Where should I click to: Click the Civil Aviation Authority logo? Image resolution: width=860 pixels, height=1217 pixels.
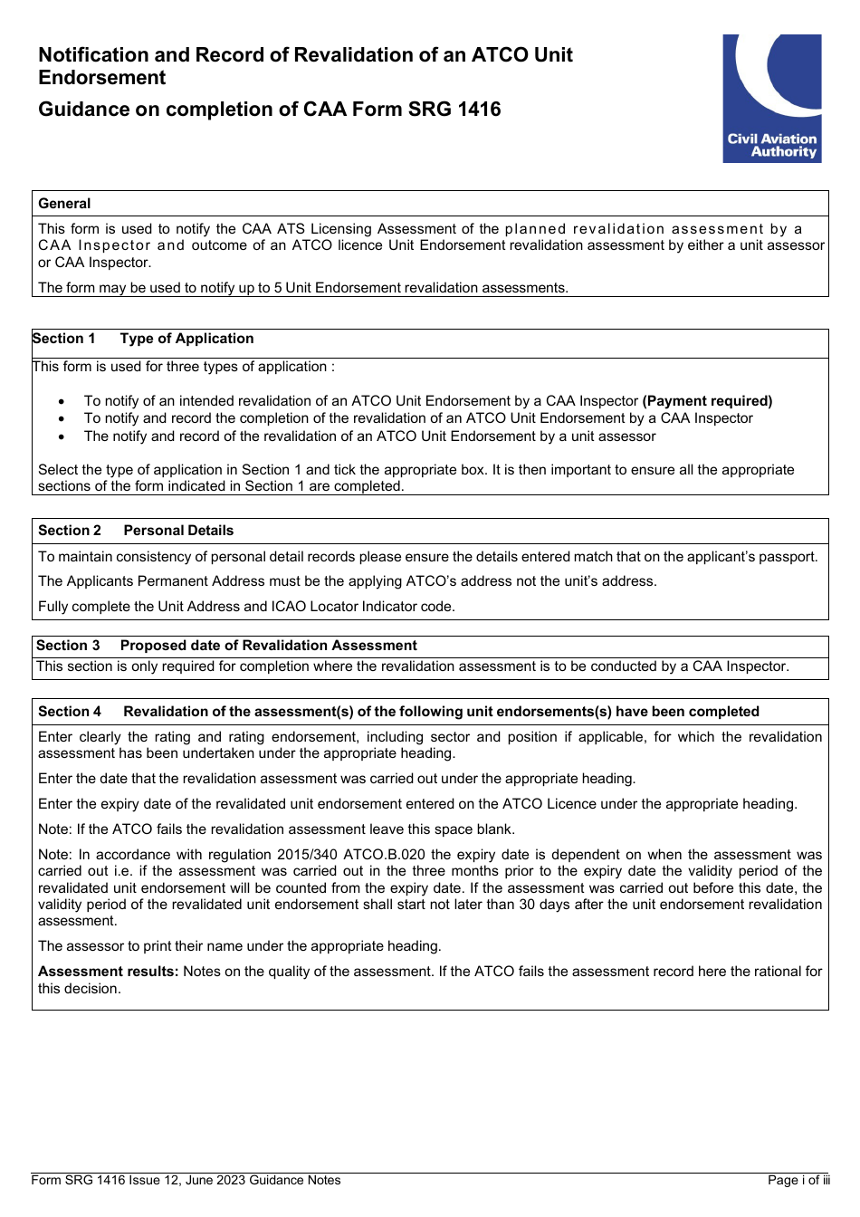coord(771,99)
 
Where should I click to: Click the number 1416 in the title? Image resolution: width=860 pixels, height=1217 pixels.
coord(479,110)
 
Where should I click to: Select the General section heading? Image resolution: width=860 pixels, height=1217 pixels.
coord(64,204)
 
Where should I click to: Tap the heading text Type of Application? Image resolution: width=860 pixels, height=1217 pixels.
coord(186,339)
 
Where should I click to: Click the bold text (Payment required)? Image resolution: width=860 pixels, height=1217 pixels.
coord(707,401)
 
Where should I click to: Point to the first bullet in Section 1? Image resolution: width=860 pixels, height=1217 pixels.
coord(62,401)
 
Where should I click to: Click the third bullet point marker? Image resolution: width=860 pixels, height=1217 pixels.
coord(62,436)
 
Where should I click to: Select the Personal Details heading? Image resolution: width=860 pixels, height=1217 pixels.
coord(178,531)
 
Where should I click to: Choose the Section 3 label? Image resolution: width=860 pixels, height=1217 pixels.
coord(68,646)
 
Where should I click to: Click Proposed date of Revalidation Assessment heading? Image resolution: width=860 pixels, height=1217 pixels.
coord(268,646)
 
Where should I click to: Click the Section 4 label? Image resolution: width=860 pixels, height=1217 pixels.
coord(70,712)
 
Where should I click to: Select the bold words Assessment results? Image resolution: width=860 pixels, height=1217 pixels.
coord(108,972)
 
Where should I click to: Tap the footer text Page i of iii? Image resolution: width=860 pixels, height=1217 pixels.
coord(798,1180)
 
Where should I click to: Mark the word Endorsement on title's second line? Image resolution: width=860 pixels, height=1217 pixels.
coord(102,78)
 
